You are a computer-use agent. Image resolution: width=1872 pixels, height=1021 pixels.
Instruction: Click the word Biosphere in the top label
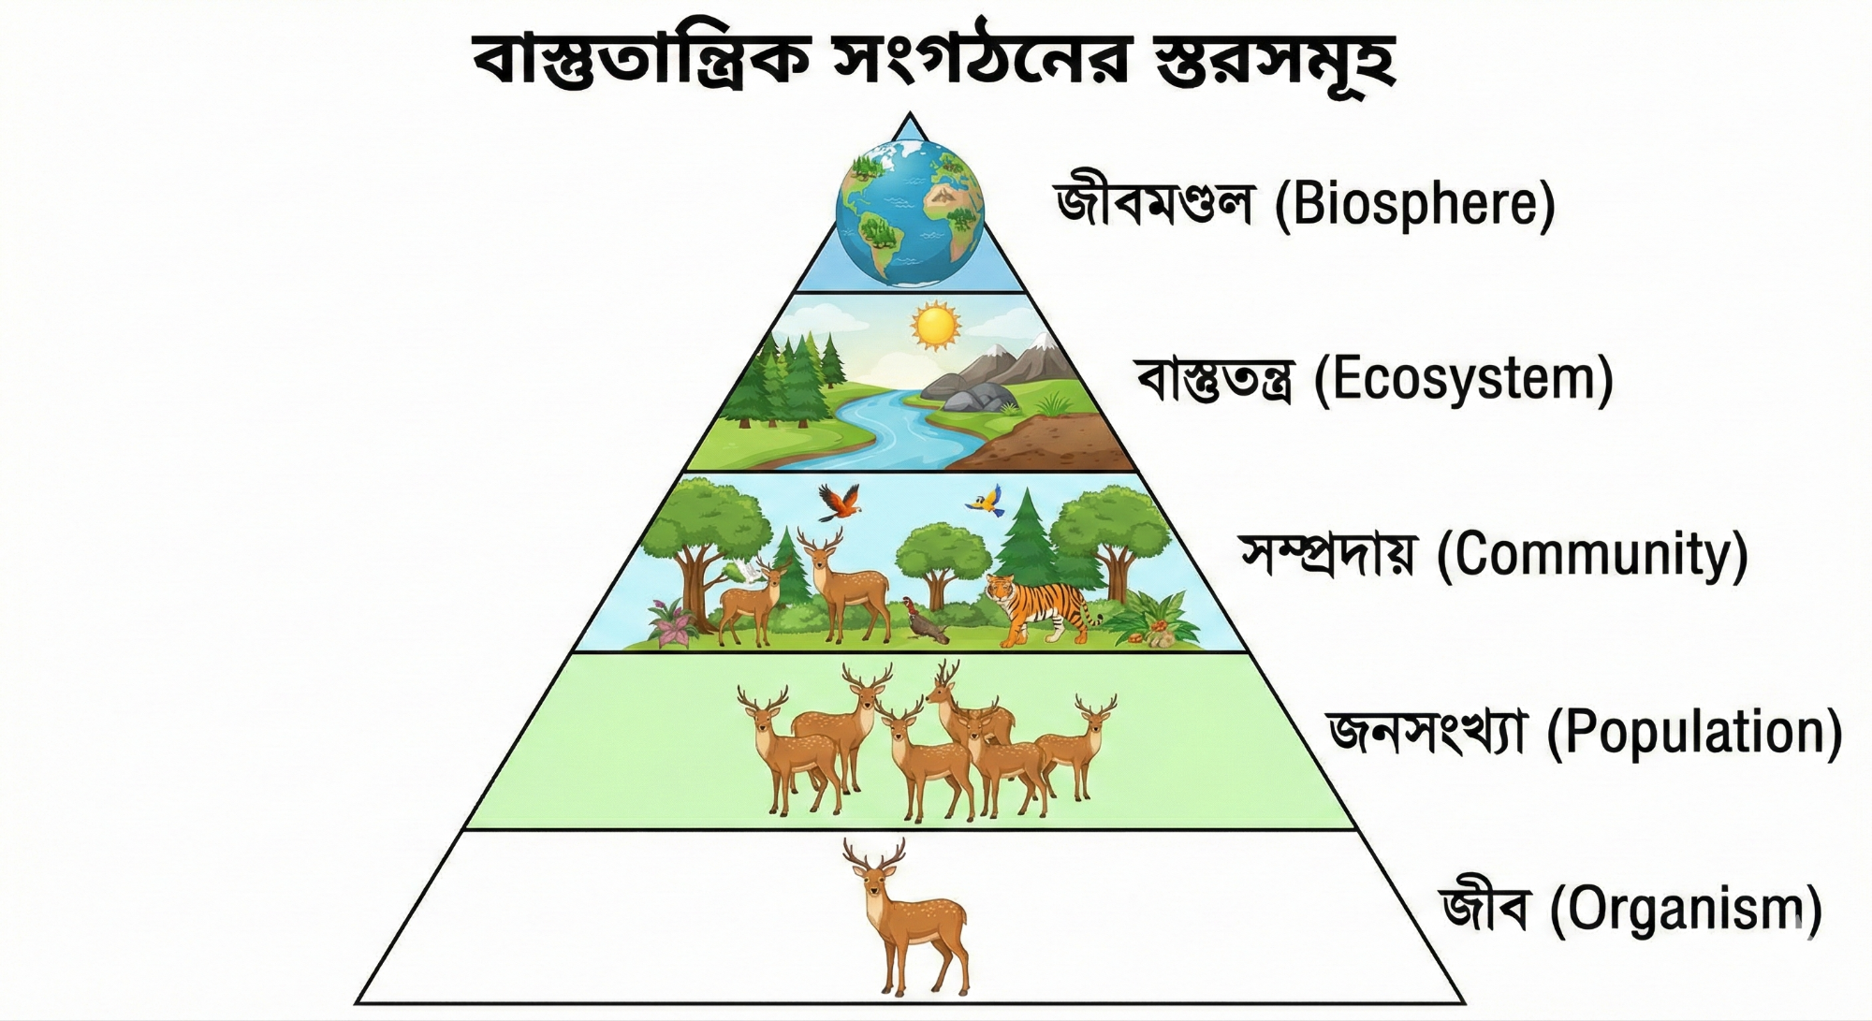click(1414, 204)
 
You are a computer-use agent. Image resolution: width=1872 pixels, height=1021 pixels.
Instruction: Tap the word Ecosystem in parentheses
click(1464, 380)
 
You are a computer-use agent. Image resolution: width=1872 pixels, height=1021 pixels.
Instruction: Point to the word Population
click(1694, 732)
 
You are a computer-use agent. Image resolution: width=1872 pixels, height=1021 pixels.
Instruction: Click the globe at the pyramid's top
click(909, 212)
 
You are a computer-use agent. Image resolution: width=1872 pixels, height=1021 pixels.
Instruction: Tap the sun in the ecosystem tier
click(935, 325)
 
